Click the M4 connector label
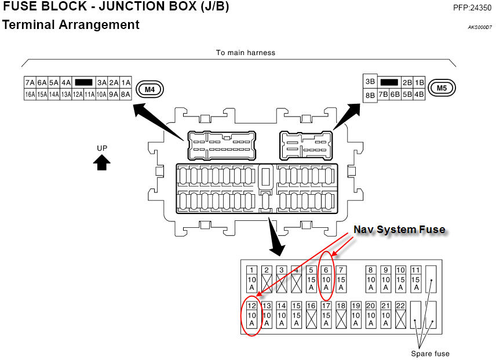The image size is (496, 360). pos(150,89)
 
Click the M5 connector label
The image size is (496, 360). pos(442,88)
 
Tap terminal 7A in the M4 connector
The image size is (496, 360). pos(30,83)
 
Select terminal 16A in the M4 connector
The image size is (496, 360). pos(30,94)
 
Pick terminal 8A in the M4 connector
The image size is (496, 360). pos(125,94)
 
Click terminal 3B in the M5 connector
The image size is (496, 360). pos(370,82)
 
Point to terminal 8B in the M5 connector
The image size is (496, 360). pos(370,95)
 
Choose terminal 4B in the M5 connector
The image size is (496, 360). pos(419,94)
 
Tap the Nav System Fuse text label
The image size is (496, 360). pos(399,230)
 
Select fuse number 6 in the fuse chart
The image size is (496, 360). pos(326,279)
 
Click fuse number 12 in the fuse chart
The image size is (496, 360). pos(252,315)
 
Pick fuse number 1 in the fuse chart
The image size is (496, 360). pos(252,279)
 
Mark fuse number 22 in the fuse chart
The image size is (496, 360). pos(400,315)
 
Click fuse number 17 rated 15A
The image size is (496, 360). pos(326,315)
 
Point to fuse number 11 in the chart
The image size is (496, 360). pos(415,279)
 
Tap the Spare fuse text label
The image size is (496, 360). pos(430,353)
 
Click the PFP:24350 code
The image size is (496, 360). pos(472,8)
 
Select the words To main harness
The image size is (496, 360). pos(246,52)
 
